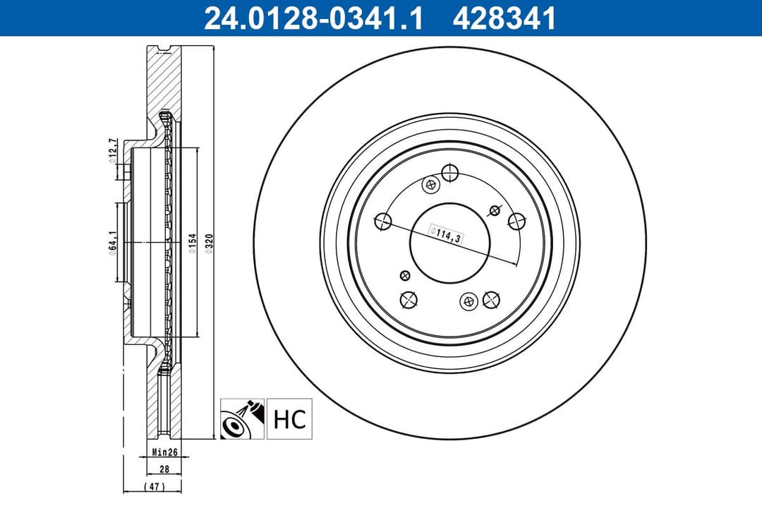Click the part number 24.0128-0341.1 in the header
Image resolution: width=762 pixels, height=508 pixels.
[x=313, y=18]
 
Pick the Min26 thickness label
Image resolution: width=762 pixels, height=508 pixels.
[x=164, y=452]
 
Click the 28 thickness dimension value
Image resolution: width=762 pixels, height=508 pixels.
[x=164, y=468]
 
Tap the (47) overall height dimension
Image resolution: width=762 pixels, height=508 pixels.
[x=152, y=487]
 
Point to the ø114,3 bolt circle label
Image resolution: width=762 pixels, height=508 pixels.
[x=446, y=234]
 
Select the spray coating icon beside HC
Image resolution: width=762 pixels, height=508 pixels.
[x=242, y=418]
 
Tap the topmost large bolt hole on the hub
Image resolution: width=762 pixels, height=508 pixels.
[x=449, y=172]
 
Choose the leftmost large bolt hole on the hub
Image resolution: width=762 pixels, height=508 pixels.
[x=384, y=222]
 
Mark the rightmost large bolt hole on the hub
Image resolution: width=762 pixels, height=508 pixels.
[x=516, y=221]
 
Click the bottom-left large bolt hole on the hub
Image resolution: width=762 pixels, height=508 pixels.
[x=408, y=300]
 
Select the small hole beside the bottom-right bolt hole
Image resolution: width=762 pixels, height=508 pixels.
[x=467, y=302]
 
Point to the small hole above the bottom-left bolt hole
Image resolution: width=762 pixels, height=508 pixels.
[x=404, y=275]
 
